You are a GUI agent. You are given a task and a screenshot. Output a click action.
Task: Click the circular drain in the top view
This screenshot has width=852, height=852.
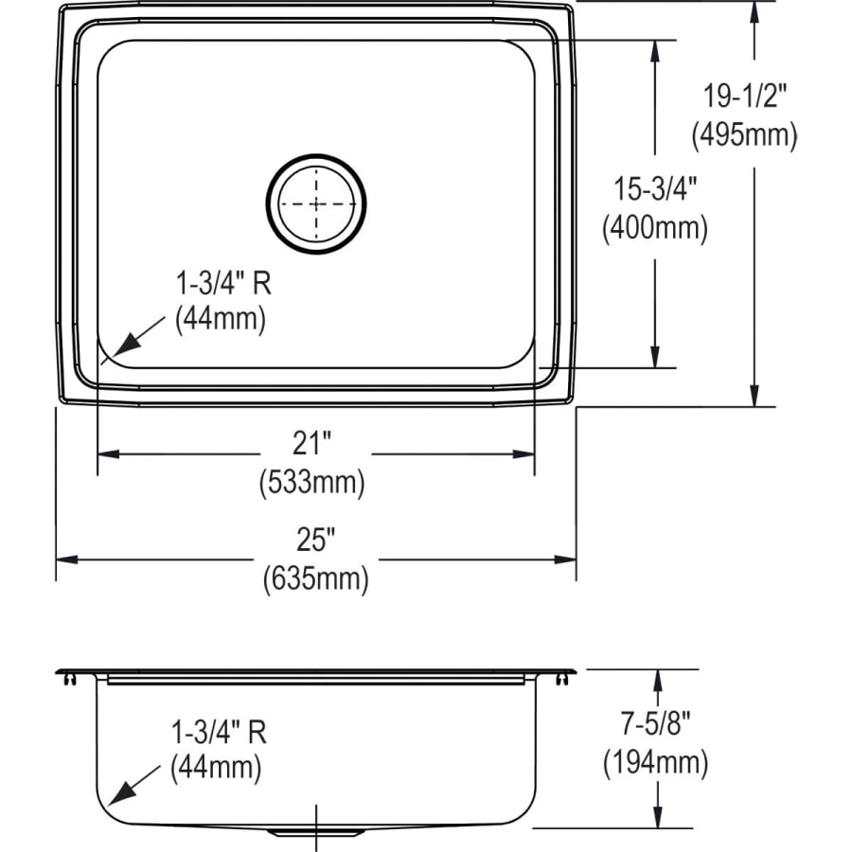tap(316, 204)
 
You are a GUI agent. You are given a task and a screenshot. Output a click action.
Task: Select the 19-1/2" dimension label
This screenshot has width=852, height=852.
tap(745, 95)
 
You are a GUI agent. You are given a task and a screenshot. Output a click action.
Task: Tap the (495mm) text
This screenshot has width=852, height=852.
tap(744, 135)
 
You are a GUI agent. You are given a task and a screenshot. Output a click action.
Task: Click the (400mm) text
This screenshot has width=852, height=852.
tap(654, 228)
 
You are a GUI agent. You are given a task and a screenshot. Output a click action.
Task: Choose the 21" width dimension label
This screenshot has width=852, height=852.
tap(313, 442)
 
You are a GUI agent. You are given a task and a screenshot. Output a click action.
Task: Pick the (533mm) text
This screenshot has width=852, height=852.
tap(312, 483)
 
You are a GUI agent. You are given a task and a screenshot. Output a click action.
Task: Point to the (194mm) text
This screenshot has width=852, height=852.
tap(655, 762)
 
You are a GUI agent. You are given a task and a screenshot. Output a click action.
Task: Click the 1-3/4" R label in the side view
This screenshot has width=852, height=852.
tap(219, 731)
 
